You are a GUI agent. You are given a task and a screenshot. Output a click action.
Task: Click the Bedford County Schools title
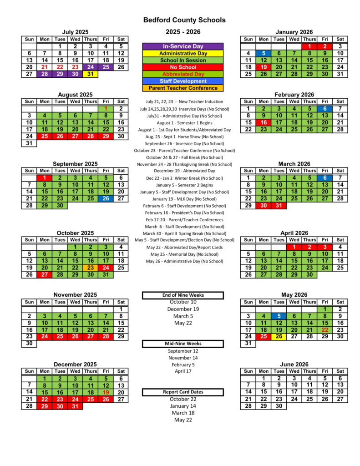pos(184,20)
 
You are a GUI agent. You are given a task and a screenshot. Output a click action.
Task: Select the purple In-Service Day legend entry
pos(183,46)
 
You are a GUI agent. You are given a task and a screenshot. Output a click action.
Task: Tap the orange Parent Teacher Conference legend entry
pos(183,88)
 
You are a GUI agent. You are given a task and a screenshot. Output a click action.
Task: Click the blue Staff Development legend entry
pos(183,81)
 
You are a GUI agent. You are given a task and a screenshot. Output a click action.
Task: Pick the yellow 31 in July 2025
pos(91,74)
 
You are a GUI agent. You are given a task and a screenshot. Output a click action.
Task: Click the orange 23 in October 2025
pos(91,268)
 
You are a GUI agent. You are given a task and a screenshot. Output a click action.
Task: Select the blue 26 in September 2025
pos(106,198)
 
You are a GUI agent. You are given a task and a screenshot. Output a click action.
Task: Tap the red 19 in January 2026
pos(264,67)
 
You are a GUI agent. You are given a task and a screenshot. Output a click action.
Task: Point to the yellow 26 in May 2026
pos(279,336)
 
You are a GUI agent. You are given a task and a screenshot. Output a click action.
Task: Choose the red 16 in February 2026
pos(264,122)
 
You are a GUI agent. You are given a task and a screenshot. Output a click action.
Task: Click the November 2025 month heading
pos(75,295)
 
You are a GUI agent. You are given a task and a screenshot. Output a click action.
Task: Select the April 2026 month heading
pos(294,233)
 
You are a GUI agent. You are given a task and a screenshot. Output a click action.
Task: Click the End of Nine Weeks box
pos(183,295)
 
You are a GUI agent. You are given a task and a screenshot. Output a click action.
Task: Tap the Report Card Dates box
pos(183,392)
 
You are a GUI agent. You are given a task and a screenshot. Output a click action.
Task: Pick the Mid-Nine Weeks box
pos(183,344)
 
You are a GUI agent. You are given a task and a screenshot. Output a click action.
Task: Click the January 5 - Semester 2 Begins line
pos(184,185)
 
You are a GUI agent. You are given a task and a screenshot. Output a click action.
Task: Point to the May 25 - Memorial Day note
pos(184,254)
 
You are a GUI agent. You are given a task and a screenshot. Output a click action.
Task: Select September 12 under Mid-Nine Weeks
pos(183,351)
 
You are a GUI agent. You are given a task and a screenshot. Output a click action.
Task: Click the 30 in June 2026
pos(279,406)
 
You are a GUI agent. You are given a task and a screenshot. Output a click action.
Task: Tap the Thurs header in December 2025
pos(91,371)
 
